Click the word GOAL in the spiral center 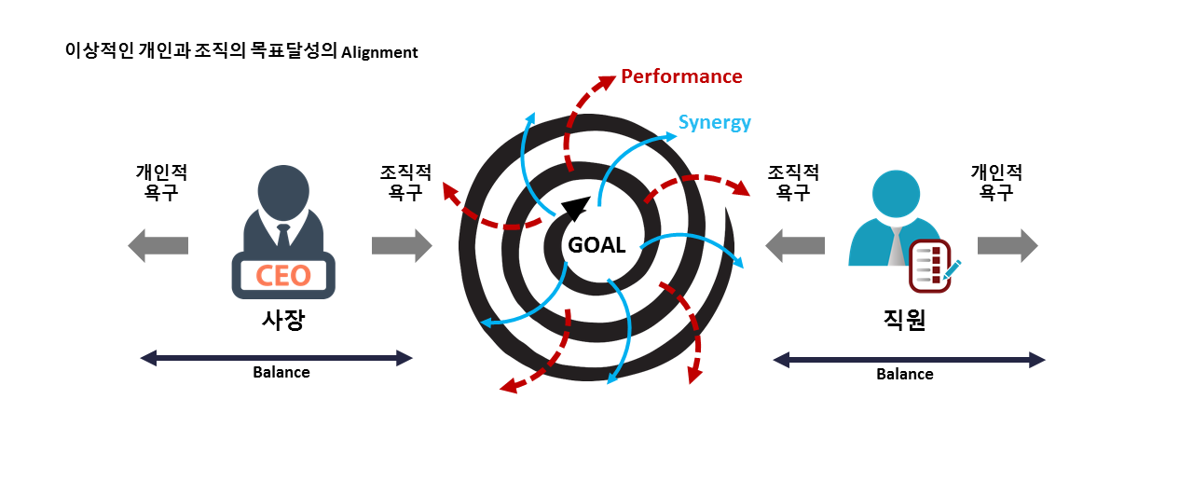596,246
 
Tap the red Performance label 681,76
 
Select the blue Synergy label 714,122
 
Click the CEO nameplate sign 283,276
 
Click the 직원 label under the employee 904,320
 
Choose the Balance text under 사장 281,372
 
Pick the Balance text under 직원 904,374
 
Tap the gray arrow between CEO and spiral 402,245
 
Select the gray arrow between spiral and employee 794,245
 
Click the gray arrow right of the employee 1008,245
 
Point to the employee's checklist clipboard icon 929,266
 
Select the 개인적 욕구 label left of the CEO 161,183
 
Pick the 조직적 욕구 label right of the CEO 405,183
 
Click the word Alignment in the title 379,53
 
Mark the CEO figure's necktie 283,235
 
